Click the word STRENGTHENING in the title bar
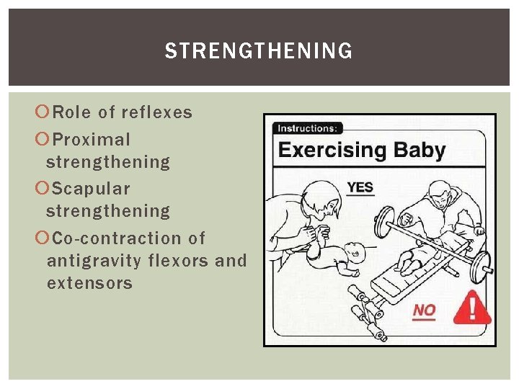(x=259, y=51)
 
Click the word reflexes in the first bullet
(x=157, y=112)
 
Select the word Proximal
(x=92, y=139)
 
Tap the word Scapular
(x=92, y=189)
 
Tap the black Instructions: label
(x=307, y=128)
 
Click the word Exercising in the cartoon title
(x=332, y=151)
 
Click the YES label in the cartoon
(x=360, y=187)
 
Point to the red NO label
(x=425, y=310)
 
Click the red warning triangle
(x=471, y=308)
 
